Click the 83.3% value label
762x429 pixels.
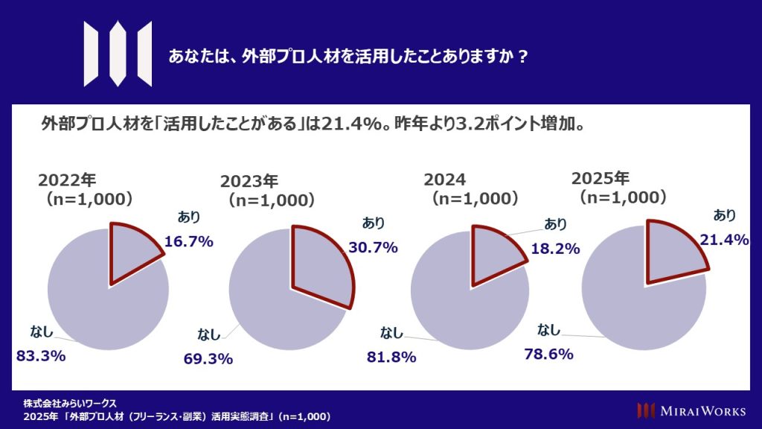41,355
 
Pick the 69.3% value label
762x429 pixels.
208,359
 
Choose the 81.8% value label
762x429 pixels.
391,357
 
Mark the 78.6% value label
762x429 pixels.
548,355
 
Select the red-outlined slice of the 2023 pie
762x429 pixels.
318,261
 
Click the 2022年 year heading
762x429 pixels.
68,180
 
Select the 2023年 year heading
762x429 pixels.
249,181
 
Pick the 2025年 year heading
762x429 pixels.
600,179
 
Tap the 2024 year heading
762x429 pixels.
445,179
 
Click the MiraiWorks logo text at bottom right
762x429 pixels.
697,410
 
